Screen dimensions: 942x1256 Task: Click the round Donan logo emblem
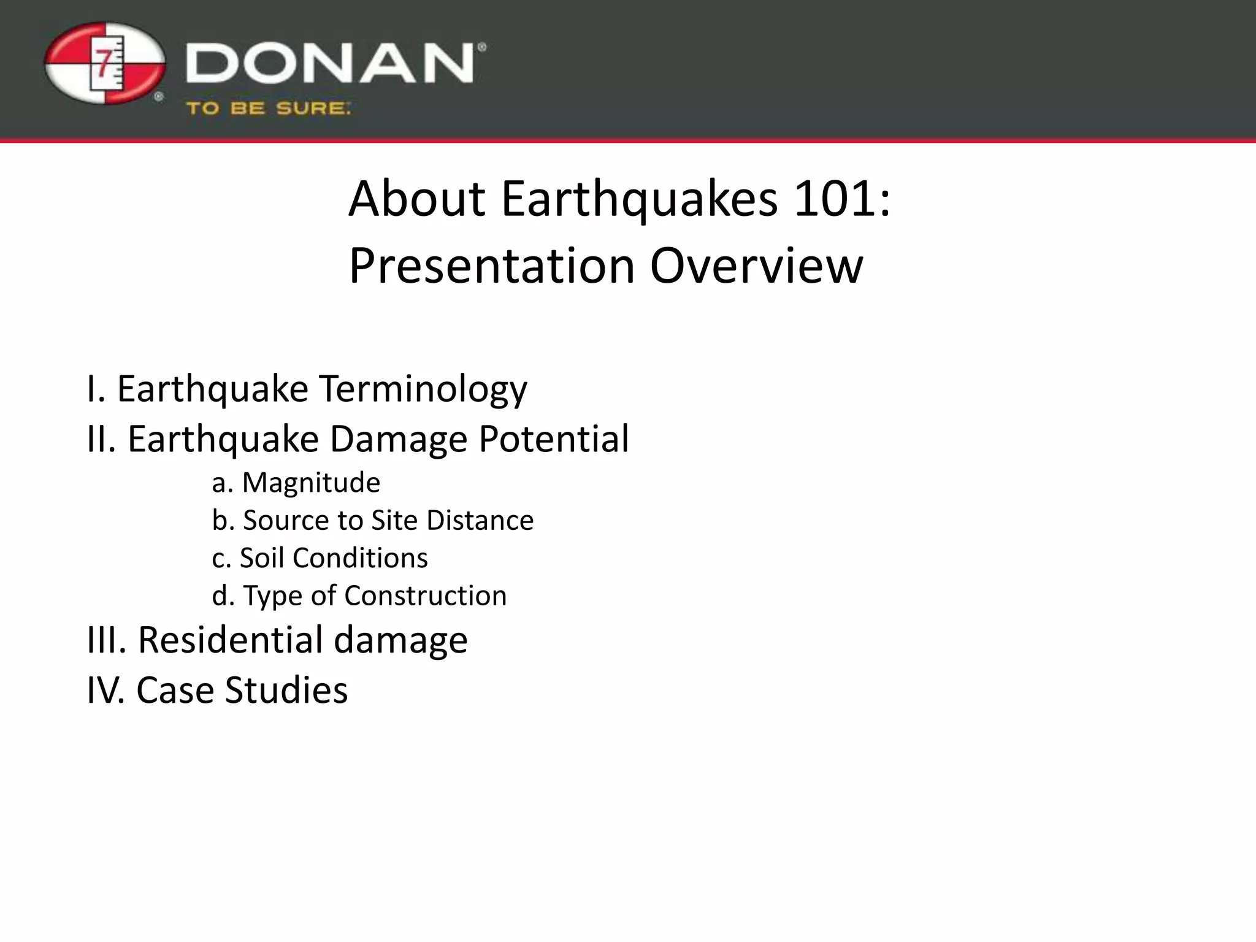(x=105, y=64)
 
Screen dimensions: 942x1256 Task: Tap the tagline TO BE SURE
(x=268, y=109)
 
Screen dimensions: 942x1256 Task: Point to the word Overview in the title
(x=756, y=266)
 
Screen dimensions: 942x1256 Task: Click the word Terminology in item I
(x=423, y=389)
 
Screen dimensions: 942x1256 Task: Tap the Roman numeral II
(x=101, y=439)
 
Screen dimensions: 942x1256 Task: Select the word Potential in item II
(x=553, y=439)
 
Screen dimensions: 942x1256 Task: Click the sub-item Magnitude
(x=311, y=483)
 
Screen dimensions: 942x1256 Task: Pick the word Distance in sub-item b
(x=480, y=521)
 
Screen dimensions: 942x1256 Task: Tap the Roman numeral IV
(x=106, y=690)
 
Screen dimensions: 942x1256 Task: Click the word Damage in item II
(x=399, y=439)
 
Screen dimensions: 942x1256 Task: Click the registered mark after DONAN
(x=481, y=47)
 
